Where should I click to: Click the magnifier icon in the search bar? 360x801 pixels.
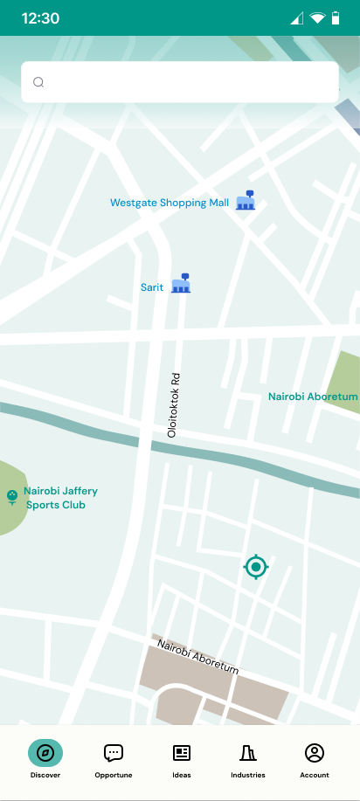pyautogui.click(x=38, y=82)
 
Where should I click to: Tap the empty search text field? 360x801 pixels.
pyautogui.click(x=188, y=82)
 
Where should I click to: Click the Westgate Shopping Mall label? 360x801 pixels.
pyautogui.click(x=170, y=203)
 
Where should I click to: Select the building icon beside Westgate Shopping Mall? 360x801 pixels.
pyautogui.click(x=246, y=201)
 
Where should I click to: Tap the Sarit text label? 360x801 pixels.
pyautogui.click(x=152, y=287)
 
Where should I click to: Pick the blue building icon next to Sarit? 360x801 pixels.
pyautogui.click(x=181, y=283)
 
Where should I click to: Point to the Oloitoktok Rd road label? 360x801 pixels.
pyautogui.click(x=174, y=405)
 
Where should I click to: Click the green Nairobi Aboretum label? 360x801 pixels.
pyautogui.click(x=313, y=397)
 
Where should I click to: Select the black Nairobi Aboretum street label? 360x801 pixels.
pyautogui.click(x=197, y=656)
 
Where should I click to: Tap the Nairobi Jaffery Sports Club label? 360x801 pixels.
pyautogui.click(x=60, y=498)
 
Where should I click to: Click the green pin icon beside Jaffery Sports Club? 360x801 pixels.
pyautogui.click(x=11, y=497)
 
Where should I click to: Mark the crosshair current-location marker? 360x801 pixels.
pyautogui.click(x=256, y=568)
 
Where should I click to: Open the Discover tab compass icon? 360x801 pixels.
pyautogui.click(x=45, y=752)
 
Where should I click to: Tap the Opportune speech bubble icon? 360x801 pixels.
pyautogui.click(x=114, y=752)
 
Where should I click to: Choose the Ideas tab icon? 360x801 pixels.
pyautogui.click(x=182, y=752)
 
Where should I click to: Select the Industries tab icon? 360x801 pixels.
pyautogui.click(x=248, y=752)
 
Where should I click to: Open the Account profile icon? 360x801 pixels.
pyautogui.click(x=315, y=752)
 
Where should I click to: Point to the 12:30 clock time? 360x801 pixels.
pyautogui.click(x=40, y=18)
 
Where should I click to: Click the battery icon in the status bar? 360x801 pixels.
pyautogui.click(x=336, y=18)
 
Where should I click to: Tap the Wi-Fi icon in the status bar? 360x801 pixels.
pyautogui.click(x=316, y=18)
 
